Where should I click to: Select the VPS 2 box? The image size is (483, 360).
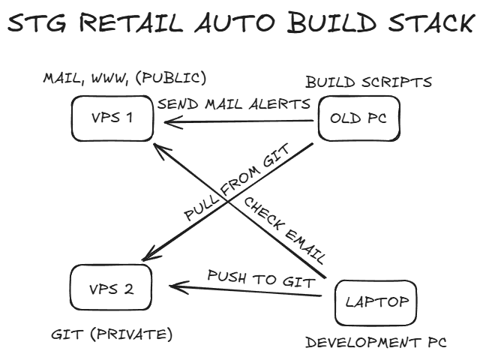[111, 288]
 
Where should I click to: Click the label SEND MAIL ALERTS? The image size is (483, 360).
[234, 103]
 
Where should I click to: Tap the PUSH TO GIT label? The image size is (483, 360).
[259, 278]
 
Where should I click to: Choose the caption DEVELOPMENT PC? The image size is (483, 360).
[376, 343]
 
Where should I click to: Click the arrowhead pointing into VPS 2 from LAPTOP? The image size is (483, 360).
[174, 286]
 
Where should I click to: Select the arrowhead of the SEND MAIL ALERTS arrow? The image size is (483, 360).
[160, 118]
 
